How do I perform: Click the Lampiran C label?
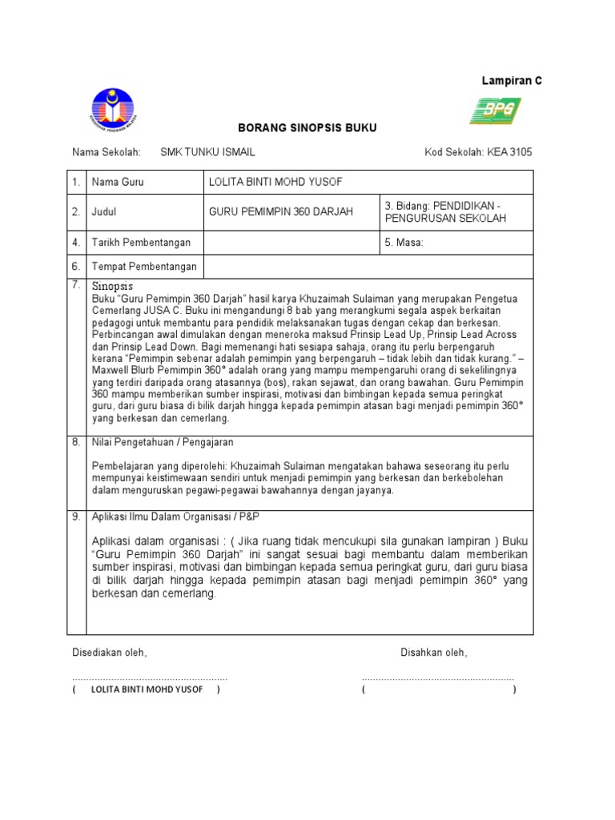[511, 81]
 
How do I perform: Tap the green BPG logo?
[495, 111]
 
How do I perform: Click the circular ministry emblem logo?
[112, 111]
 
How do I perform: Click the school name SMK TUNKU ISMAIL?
[208, 152]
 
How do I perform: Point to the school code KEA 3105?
[478, 152]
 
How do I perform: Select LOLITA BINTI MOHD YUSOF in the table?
[275, 183]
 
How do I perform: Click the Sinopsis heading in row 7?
[112, 286]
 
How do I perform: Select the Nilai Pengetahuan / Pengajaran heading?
[163, 442]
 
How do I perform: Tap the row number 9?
[76, 517]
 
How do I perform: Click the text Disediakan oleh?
[110, 653]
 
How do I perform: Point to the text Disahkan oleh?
[433, 653]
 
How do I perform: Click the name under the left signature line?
[147, 689]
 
